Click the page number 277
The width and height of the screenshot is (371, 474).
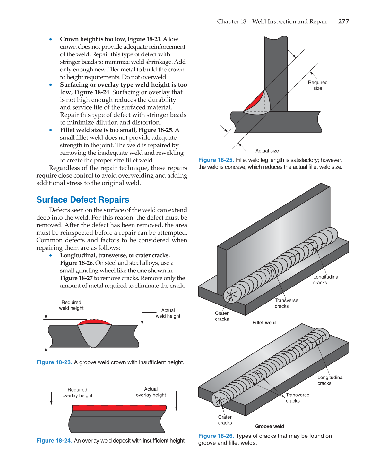[343, 21]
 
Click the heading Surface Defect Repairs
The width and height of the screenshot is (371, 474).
[83, 200]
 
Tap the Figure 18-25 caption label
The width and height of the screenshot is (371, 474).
[216, 160]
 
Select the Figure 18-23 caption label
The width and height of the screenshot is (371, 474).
[54, 362]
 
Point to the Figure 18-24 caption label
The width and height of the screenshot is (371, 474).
[54, 441]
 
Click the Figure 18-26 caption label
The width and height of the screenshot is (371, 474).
[216, 436]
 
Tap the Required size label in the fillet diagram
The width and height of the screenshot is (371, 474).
[318, 85]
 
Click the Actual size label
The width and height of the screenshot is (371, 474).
[267, 151]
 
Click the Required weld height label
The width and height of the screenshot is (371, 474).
[71, 305]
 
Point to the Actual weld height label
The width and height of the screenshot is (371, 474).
[168, 313]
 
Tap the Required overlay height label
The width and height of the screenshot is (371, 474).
[77, 393]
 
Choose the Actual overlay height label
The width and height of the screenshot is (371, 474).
[151, 392]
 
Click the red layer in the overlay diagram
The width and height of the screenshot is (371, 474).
[119, 408]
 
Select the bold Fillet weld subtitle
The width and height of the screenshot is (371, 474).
[264, 323]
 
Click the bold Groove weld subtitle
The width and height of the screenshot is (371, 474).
[270, 426]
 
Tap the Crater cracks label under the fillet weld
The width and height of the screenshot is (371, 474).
[222, 316]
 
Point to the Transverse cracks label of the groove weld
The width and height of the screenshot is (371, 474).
[297, 398]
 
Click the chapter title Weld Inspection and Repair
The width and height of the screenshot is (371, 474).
[289, 21]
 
